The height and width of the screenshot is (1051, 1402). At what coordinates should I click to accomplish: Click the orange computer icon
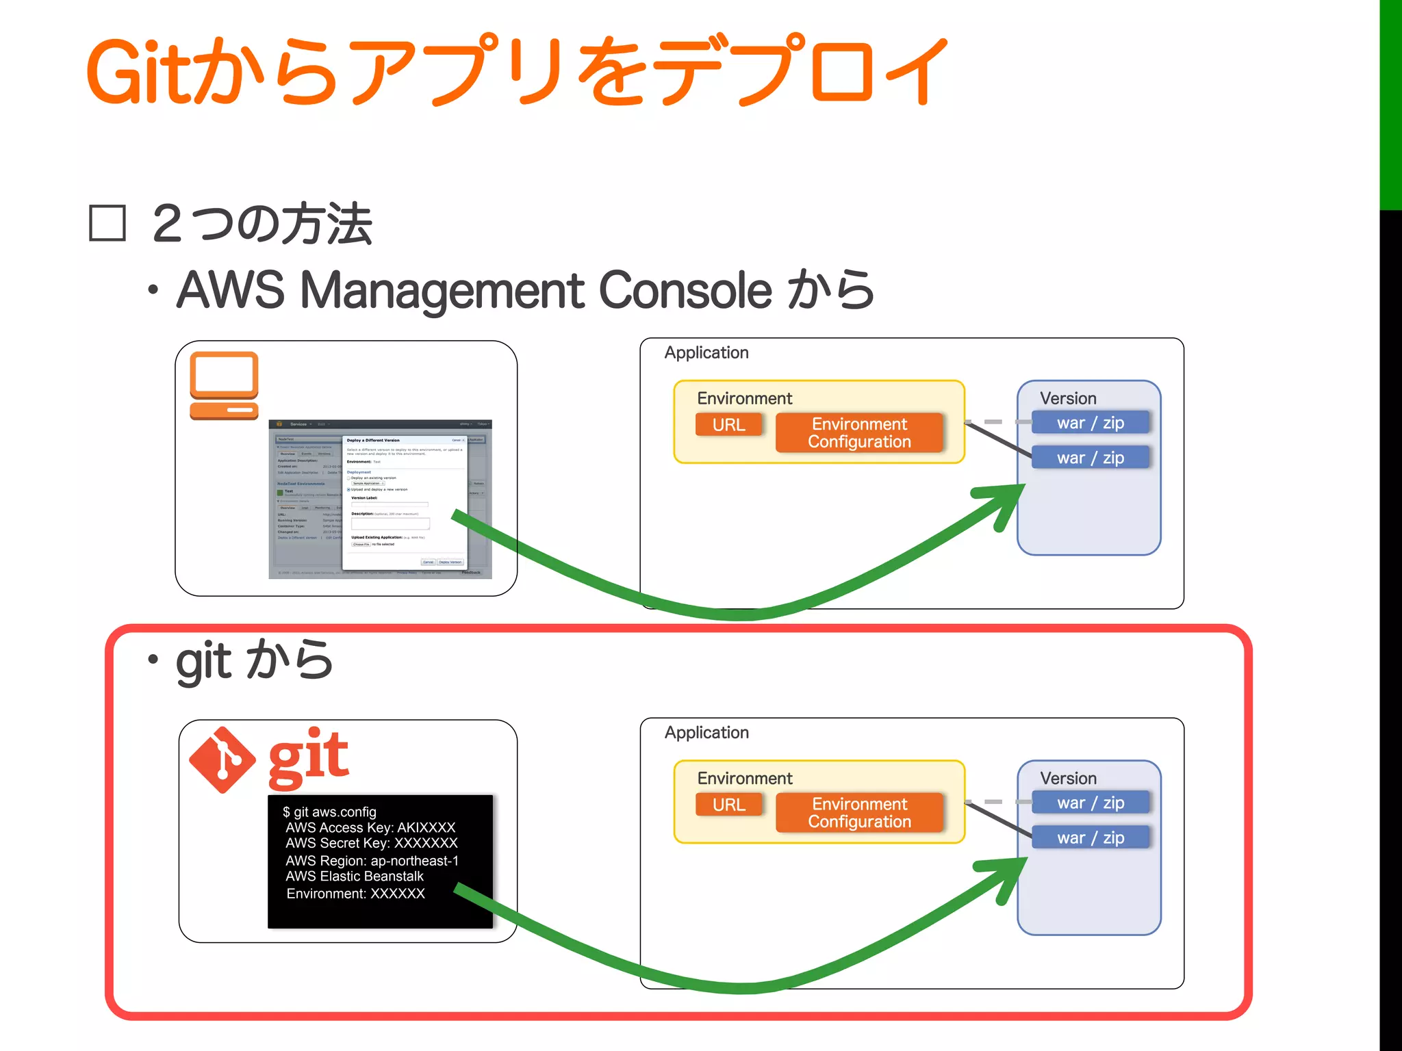click(x=224, y=385)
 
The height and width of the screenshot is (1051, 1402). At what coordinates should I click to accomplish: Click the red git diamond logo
click(x=222, y=760)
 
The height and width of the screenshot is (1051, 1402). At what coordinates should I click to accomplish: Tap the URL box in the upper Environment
click(x=728, y=425)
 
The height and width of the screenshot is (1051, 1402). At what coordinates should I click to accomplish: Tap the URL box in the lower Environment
click(x=728, y=805)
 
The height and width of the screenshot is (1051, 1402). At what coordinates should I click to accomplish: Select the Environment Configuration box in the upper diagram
click(x=859, y=432)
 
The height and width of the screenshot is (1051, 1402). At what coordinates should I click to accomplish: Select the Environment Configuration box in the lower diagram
click(x=859, y=812)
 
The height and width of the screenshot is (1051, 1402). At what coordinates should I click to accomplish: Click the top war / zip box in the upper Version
click(x=1090, y=423)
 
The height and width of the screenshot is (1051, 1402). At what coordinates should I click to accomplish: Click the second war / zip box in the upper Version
click(x=1090, y=458)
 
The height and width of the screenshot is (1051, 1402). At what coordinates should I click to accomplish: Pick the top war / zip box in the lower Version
click(x=1090, y=803)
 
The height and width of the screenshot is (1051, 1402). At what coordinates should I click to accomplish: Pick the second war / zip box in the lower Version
click(x=1090, y=838)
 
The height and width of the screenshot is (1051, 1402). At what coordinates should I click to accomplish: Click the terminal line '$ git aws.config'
click(x=330, y=812)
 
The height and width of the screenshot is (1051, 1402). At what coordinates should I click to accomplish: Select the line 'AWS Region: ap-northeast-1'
click(x=372, y=861)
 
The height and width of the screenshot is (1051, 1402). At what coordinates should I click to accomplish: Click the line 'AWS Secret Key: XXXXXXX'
click(x=371, y=843)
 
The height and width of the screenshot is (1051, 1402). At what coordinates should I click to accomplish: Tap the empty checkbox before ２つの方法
click(x=107, y=223)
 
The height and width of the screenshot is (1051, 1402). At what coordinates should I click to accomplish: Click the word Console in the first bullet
click(x=685, y=290)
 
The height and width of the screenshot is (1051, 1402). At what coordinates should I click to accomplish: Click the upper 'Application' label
click(x=706, y=352)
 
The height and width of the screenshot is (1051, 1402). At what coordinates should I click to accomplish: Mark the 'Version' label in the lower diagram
click(x=1068, y=778)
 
